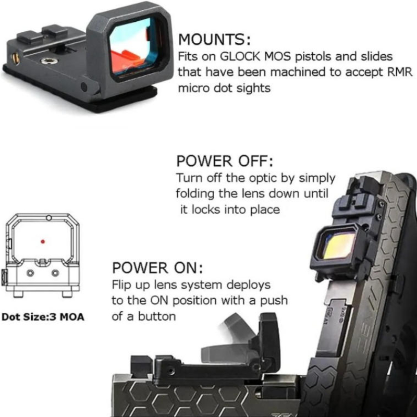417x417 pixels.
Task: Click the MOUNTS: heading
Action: point(214,40)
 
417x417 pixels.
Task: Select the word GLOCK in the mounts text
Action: point(240,56)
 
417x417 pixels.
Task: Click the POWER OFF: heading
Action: point(225,161)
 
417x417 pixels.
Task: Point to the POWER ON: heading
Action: point(157,267)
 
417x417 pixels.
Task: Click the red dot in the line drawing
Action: point(43,241)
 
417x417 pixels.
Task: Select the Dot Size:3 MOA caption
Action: point(43,317)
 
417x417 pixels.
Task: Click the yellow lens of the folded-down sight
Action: point(339,245)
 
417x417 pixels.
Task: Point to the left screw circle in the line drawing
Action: point(30,273)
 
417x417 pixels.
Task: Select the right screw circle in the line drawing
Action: point(55,273)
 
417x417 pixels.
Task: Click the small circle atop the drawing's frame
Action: point(48,218)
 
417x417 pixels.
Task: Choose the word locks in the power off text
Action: point(206,210)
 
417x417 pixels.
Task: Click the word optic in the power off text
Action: point(263,178)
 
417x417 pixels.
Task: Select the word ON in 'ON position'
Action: point(160,301)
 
